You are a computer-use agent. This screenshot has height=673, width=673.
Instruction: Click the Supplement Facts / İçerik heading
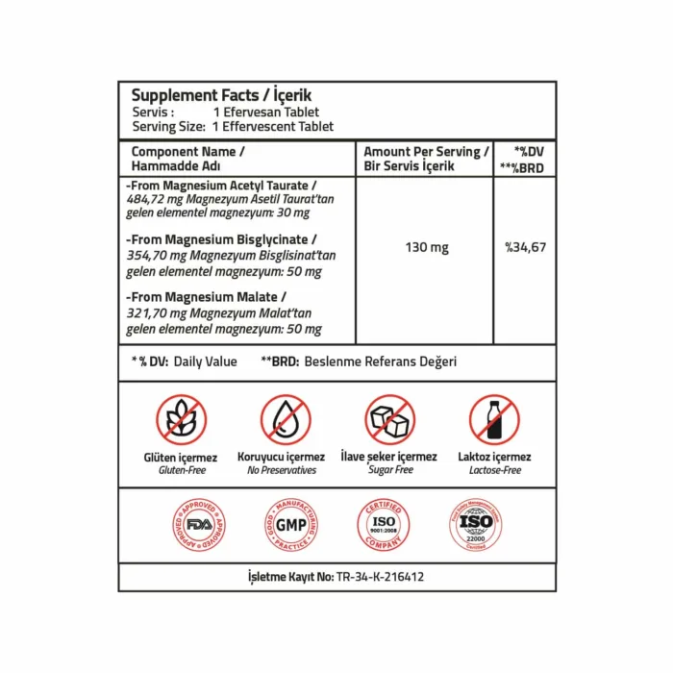tap(221, 95)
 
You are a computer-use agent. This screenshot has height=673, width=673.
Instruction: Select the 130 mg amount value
tap(426, 248)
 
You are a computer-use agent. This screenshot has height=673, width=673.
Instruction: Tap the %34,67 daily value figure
tap(525, 248)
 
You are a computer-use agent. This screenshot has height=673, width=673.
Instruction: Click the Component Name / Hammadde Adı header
tap(188, 159)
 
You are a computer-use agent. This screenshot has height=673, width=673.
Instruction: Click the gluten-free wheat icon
tap(181, 420)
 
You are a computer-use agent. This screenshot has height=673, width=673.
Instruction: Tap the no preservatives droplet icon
tap(285, 420)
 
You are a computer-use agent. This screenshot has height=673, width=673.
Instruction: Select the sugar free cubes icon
tap(389, 420)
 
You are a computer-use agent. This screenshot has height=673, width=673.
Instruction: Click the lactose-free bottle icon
tap(494, 420)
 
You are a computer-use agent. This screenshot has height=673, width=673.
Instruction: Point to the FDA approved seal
tap(199, 525)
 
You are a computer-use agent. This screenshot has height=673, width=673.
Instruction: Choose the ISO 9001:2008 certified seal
tap(384, 525)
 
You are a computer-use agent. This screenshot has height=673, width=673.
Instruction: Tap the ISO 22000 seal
tap(475, 525)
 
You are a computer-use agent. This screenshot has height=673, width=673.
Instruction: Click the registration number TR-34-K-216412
tap(380, 577)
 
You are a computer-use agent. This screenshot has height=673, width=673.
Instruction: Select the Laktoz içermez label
tap(494, 458)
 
